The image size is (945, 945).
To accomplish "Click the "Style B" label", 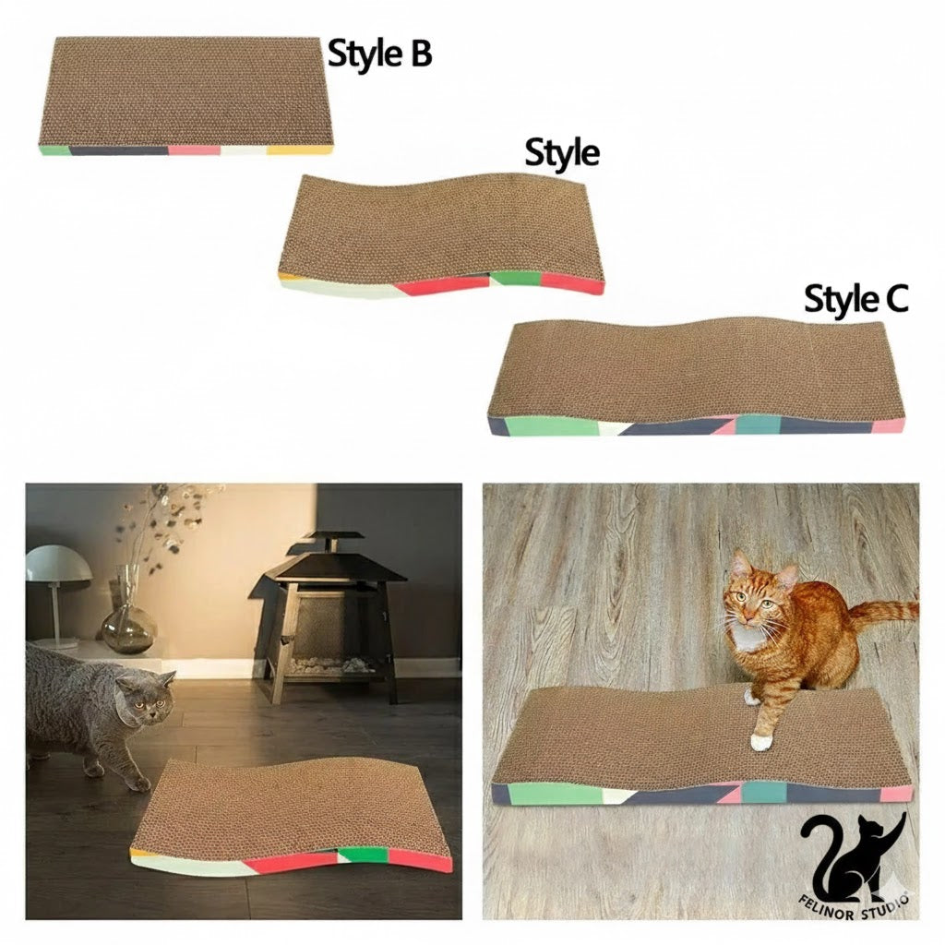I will coord(379,54).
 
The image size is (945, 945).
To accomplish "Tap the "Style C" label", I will coord(855,300).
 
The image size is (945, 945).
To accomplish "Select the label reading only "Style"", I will coord(562,152).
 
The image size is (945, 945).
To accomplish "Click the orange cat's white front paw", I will coord(760,741).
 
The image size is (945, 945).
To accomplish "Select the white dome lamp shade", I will coord(57,564).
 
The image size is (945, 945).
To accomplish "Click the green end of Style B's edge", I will coord(54,150).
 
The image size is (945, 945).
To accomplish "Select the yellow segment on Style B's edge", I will coord(299,149).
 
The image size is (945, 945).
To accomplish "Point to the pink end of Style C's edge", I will coord(890,425).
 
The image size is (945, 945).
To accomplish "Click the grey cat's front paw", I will coord(138,784).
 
